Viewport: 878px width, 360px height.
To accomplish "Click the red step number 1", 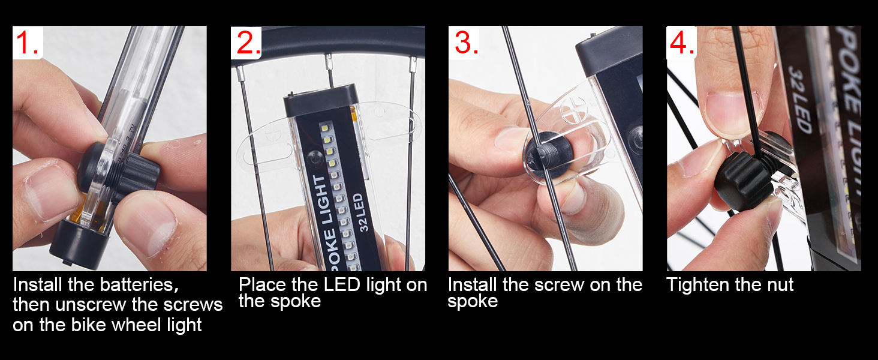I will [x=26, y=43].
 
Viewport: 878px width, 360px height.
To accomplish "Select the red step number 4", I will [x=681, y=43].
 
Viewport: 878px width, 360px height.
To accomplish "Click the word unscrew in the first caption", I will [x=88, y=304].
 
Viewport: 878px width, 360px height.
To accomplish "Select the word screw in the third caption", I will [x=572, y=284].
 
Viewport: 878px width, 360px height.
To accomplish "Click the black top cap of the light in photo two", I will [x=321, y=99].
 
